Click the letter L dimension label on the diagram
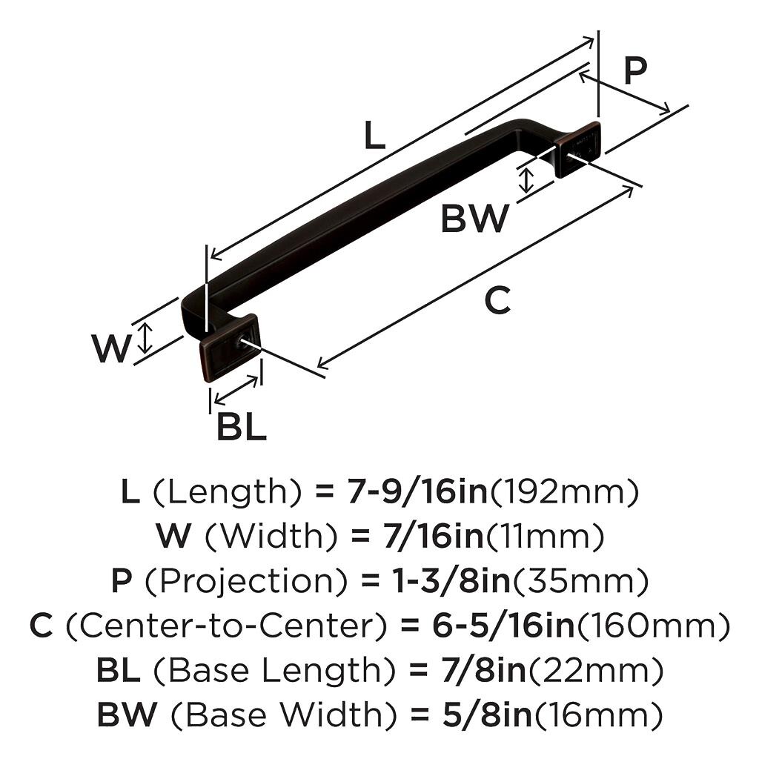(x=375, y=136)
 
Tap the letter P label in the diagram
(x=634, y=70)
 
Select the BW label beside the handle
(x=475, y=219)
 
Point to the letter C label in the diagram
(x=497, y=301)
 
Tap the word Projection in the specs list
(x=246, y=581)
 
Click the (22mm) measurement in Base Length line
(x=595, y=671)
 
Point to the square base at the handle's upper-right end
(x=578, y=148)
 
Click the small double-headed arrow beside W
(x=146, y=337)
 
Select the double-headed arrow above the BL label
(x=236, y=391)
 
